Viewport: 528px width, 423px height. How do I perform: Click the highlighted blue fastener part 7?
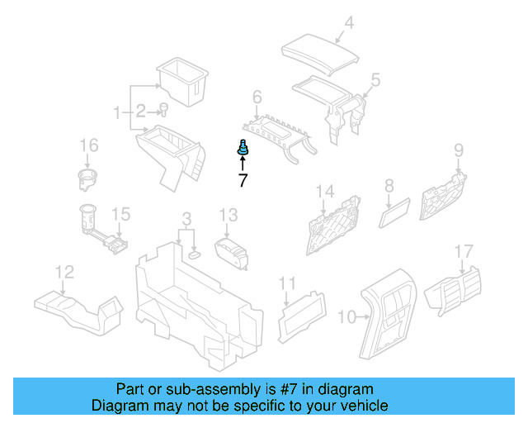tap(243, 149)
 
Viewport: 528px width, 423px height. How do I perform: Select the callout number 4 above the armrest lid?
tap(349, 23)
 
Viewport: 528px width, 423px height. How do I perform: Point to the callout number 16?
tap(87, 146)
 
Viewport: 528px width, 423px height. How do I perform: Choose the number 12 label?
tap(64, 271)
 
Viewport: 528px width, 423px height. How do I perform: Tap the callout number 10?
tap(346, 316)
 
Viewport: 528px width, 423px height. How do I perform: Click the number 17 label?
tap(464, 250)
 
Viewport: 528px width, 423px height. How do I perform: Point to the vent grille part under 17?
tap(455, 290)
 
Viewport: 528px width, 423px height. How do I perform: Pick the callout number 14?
tap(325, 192)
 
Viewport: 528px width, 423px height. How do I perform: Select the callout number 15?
tap(121, 215)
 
